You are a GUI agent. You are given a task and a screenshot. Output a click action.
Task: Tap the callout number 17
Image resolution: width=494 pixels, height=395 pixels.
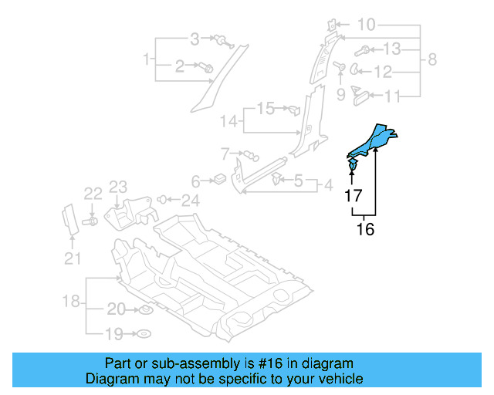tap(354, 197)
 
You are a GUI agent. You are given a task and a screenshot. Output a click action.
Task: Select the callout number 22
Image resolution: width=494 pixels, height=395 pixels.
tap(93, 193)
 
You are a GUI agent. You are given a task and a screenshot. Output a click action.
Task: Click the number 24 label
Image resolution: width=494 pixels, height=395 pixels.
tap(190, 201)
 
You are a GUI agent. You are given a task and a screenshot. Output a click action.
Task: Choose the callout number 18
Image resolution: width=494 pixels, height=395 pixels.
tap(70, 301)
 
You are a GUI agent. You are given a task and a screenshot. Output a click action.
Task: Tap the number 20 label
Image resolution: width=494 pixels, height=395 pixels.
tap(116, 309)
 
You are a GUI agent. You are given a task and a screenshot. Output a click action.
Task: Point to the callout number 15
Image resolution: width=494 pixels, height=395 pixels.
tap(266, 108)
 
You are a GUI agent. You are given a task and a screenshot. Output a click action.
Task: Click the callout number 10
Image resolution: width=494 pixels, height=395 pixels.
tap(367, 25)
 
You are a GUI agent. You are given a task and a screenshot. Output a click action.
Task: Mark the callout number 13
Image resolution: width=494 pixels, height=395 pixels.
tap(392, 49)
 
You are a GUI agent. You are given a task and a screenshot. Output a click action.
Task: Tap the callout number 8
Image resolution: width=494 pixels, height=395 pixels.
tap(432, 59)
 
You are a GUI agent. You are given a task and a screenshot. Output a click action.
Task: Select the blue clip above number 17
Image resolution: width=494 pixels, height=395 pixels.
tap(353, 165)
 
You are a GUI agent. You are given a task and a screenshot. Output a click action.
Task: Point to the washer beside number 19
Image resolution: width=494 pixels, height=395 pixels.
tap(144, 334)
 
